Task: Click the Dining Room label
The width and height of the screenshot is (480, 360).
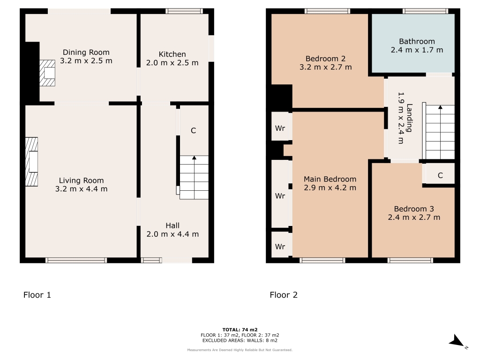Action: tap(86, 52)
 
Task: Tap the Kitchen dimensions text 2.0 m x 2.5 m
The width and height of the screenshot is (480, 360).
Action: tap(172, 63)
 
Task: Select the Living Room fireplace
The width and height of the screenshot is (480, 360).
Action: tap(31, 162)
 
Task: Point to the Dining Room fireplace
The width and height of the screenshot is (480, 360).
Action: tap(47, 73)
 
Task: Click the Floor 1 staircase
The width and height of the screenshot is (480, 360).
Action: tap(194, 178)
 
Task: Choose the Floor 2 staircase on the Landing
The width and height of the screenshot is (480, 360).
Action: tap(440, 132)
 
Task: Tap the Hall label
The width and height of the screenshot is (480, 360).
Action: tap(172, 225)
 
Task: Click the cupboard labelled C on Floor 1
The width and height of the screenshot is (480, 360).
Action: tap(195, 131)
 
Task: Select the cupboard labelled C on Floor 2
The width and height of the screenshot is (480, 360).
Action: tap(440, 175)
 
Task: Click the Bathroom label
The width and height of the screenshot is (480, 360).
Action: tap(417, 41)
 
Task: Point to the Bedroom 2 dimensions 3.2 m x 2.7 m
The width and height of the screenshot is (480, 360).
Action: tap(325, 67)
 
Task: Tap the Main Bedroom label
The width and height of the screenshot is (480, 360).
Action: tap(330, 179)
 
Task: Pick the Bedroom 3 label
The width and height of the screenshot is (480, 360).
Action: tap(414, 209)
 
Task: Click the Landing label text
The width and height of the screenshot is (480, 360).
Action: tap(409, 118)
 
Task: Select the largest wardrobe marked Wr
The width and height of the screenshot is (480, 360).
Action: tap(280, 194)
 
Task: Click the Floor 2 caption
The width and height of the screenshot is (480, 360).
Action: tap(284, 295)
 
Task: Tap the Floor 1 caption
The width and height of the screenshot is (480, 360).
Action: tap(37, 295)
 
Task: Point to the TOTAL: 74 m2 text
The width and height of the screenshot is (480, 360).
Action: tap(240, 330)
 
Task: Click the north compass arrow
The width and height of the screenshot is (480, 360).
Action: tap(457, 341)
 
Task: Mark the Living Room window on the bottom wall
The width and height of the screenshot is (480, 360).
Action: tap(76, 260)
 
